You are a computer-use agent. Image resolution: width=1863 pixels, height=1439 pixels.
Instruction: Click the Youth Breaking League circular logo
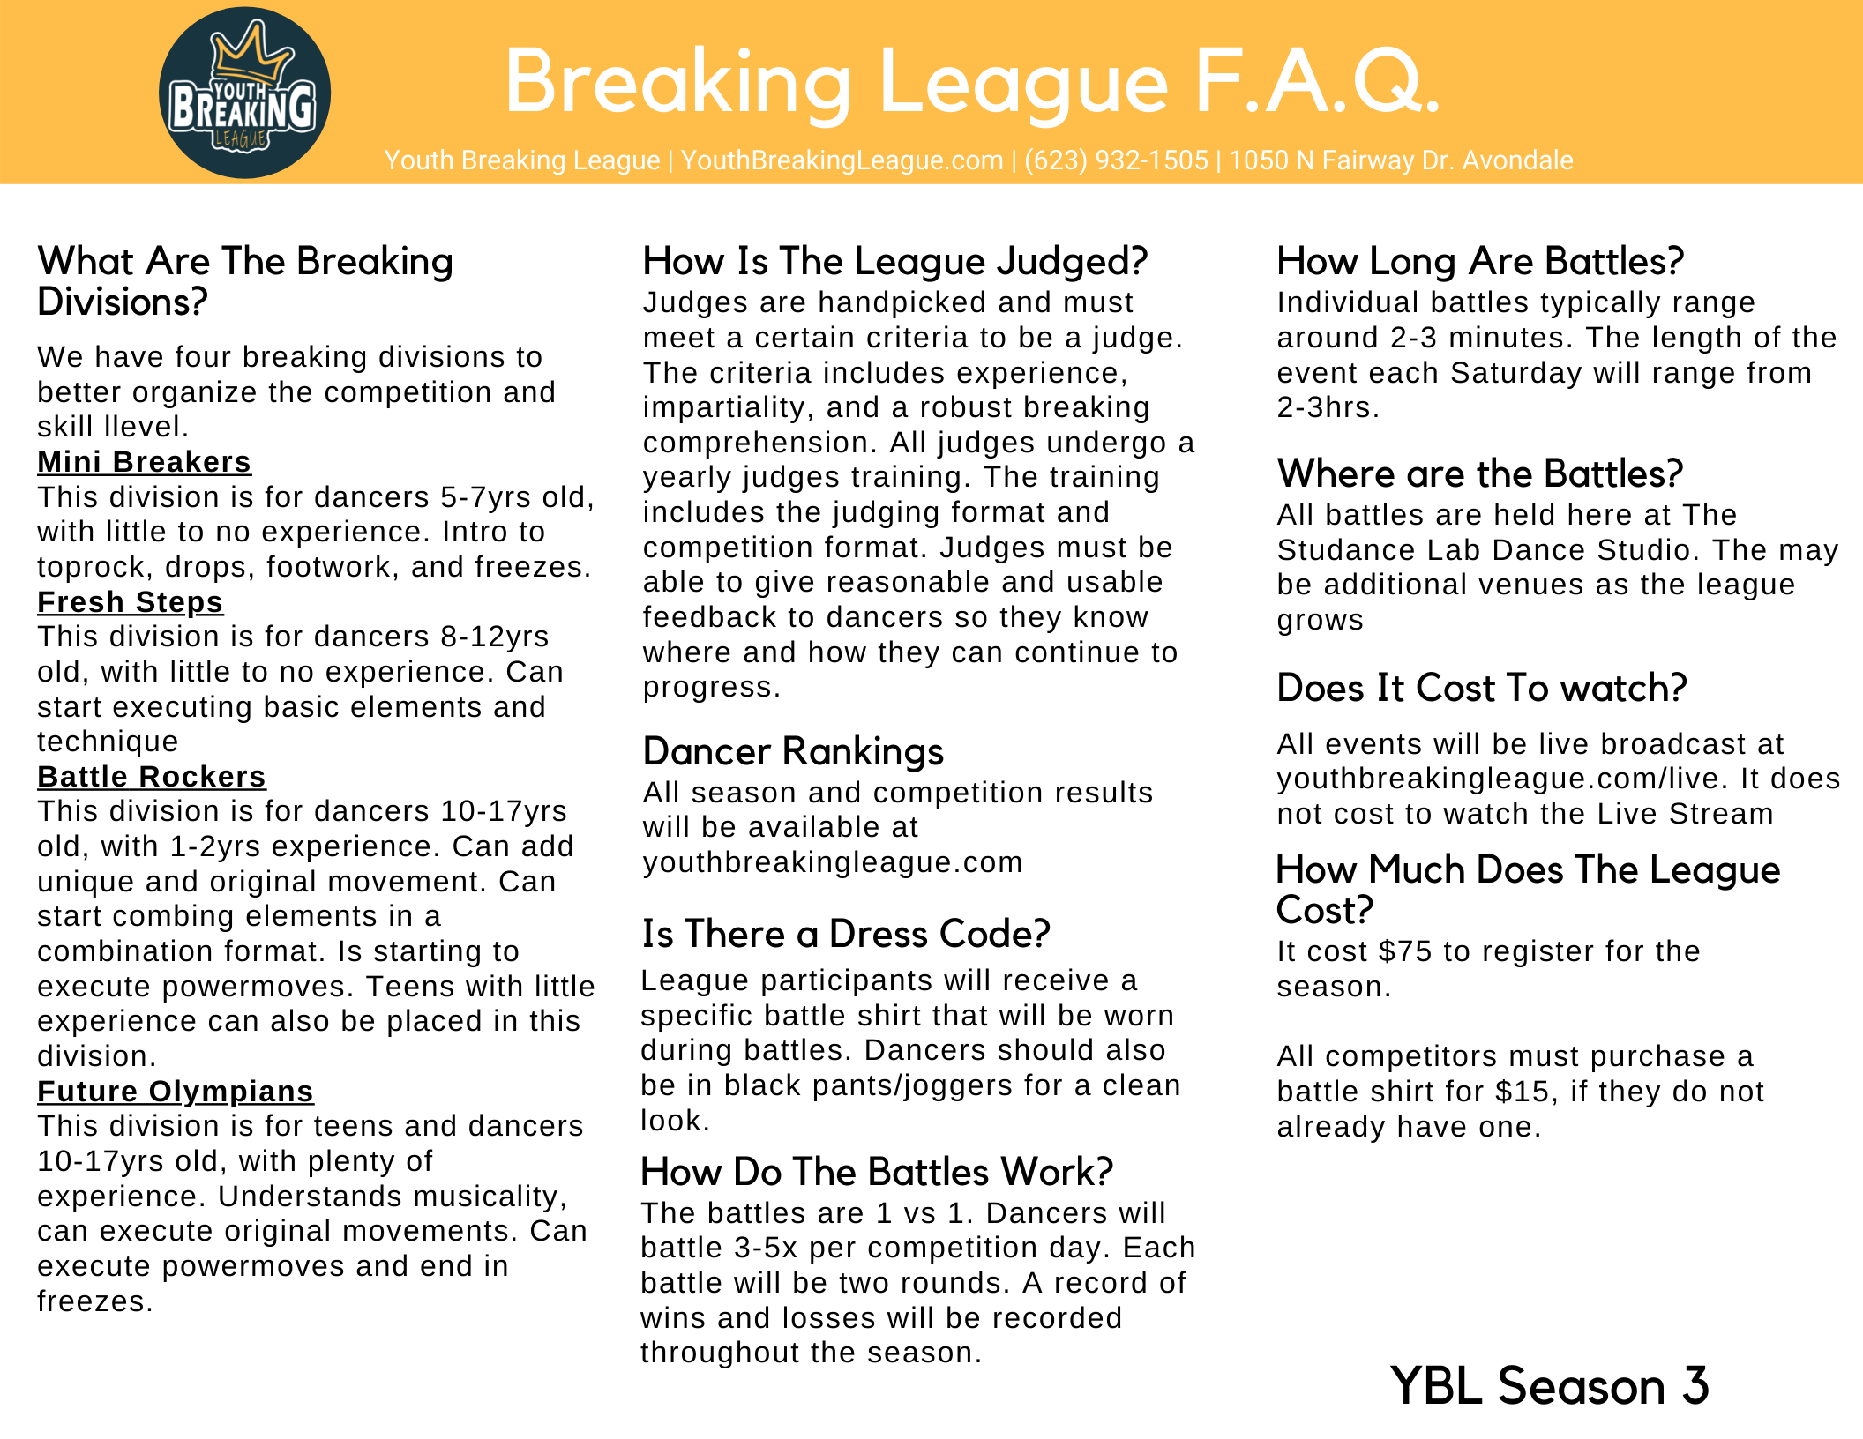coord(244,93)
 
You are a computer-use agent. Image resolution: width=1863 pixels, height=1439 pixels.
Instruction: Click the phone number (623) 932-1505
coord(1116,160)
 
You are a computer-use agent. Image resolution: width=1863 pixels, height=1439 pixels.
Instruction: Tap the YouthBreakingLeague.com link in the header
coord(842,160)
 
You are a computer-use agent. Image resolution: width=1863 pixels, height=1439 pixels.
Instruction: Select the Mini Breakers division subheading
coord(144,462)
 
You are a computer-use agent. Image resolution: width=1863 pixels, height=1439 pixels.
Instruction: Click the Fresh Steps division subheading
coord(130,602)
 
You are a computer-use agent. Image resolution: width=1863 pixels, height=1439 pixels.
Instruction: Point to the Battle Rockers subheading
coord(151,777)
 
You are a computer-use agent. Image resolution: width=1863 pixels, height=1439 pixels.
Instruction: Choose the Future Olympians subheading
coord(175,1092)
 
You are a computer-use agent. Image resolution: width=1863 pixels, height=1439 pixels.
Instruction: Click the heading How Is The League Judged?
coord(894,262)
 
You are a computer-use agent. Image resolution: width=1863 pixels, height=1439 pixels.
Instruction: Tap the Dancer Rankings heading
coord(793,752)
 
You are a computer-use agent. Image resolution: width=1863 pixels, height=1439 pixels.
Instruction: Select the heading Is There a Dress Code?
coord(846,934)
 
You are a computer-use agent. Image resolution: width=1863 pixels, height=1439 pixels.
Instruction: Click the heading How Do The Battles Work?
coord(877,1172)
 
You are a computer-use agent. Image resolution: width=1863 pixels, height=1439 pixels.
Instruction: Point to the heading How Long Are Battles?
coord(1480,262)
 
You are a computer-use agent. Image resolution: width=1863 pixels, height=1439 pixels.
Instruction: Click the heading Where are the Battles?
coord(1480,474)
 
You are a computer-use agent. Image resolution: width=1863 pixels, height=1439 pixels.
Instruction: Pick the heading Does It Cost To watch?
coord(1482,688)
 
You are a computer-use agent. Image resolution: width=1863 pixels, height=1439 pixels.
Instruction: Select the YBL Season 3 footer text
coord(1550,1385)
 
